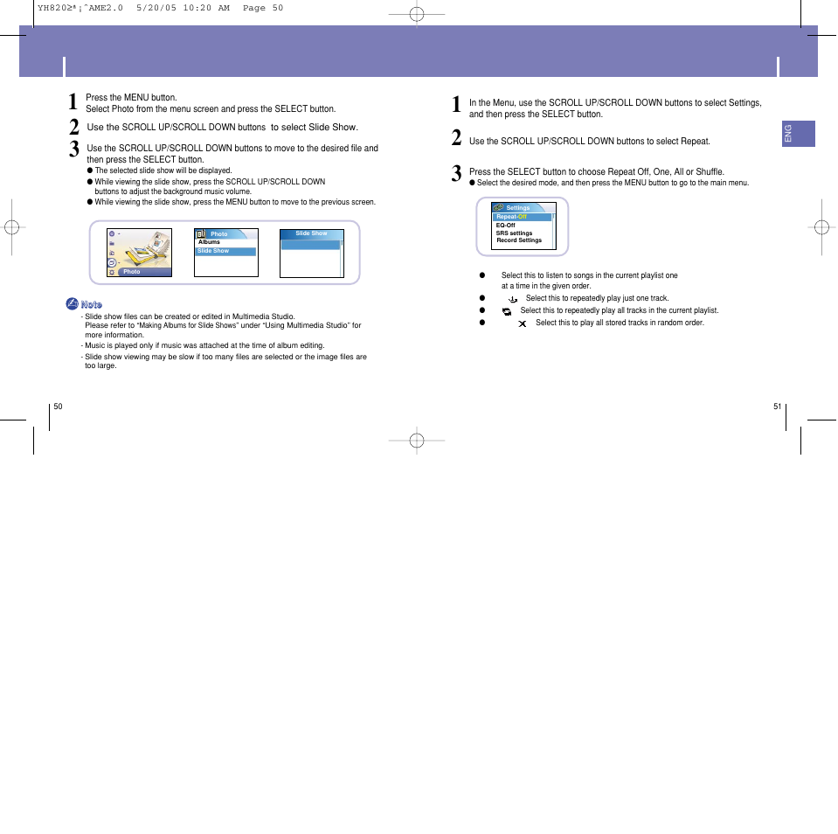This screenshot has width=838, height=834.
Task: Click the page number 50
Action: coord(58,407)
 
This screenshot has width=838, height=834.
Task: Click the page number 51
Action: coord(777,407)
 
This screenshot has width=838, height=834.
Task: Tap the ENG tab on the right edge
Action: coord(788,134)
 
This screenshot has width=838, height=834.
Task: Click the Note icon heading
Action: coord(84,304)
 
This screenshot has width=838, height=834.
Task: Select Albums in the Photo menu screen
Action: coord(210,242)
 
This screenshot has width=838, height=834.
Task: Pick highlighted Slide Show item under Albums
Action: coord(214,251)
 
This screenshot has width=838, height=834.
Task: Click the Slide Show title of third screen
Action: coord(311,233)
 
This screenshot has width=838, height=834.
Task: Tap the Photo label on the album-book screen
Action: coord(132,272)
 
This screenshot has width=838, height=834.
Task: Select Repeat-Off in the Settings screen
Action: coord(512,217)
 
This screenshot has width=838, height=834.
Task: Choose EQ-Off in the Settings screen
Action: coord(506,225)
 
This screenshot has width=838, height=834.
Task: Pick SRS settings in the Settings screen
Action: coord(514,233)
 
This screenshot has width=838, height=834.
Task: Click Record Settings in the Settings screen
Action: coord(519,240)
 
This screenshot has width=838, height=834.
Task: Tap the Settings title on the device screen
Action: coord(518,208)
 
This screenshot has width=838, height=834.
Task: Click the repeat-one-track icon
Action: coord(513,299)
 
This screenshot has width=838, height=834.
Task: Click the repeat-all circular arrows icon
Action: coord(507,311)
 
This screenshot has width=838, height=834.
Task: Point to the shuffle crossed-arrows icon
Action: coord(522,323)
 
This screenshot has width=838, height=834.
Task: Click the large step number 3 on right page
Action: coord(457,173)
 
